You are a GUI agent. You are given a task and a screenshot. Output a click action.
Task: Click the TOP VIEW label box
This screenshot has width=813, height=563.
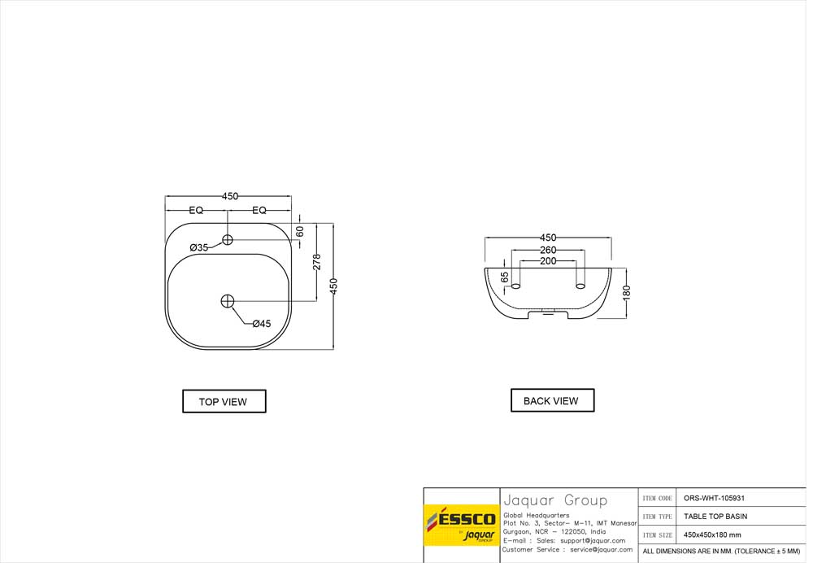[224, 401]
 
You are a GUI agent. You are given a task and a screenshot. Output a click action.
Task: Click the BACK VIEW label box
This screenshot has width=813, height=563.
[552, 400]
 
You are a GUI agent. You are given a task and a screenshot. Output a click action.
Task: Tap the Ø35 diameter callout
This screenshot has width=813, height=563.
[198, 247]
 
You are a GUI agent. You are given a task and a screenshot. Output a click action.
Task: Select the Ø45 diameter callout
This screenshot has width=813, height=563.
[262, 323]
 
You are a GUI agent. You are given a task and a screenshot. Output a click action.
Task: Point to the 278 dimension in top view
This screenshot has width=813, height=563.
[317, 262]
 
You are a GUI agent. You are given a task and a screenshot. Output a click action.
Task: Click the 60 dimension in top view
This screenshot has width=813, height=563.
[300, 231]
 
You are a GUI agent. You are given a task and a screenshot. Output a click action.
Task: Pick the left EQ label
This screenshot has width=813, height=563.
[196, 210]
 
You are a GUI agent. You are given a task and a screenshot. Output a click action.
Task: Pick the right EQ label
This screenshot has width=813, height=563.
[259, 210]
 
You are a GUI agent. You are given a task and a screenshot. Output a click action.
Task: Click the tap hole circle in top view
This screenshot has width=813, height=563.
[227, 240]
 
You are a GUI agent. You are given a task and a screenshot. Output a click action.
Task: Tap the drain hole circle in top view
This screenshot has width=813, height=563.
[228, 301]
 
